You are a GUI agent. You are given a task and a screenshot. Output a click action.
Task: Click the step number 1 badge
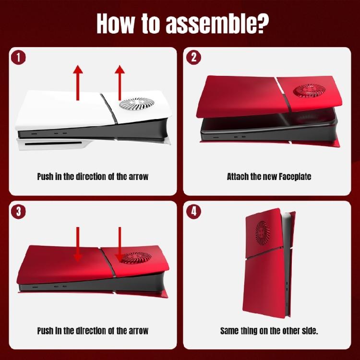coord(18,58)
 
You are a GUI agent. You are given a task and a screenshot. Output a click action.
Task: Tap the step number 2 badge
coord(193,58)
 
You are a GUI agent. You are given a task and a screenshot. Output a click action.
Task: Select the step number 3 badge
coord(18,212)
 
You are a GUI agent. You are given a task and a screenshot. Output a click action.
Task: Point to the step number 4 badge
coord(193,212)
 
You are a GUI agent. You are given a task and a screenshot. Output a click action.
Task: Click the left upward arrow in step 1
coord(78,83)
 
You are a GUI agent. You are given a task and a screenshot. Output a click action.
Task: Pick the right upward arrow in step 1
coord(120,83)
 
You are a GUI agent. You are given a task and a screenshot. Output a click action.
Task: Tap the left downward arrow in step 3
coord(78,244)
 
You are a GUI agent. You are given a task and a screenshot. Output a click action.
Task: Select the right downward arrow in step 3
coord(120,244)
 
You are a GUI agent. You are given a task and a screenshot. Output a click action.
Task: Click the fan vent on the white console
coord(137,104)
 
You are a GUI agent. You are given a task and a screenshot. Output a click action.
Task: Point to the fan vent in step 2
coord(309,90)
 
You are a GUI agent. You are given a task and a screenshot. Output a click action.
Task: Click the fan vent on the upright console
coord(263,233)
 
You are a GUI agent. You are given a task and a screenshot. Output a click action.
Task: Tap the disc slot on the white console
coord(53,144)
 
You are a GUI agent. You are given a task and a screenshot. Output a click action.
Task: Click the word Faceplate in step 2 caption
coord(295,177)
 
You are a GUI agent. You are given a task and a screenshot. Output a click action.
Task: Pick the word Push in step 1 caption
coord(45,177)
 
